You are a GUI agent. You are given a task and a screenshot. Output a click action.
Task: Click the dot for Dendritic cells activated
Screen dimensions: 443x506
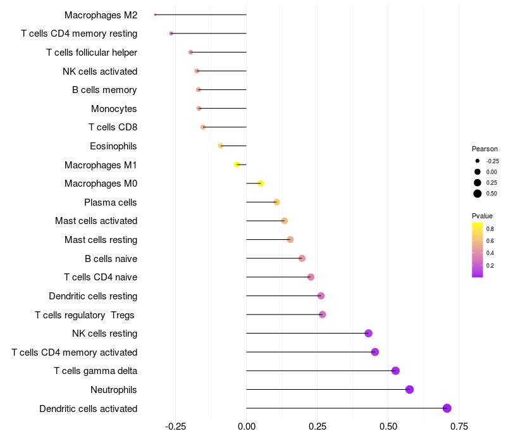447,408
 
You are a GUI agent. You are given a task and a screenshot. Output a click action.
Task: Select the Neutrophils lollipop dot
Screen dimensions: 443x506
409,389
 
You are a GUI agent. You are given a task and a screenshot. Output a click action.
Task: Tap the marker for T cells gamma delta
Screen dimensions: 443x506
395,371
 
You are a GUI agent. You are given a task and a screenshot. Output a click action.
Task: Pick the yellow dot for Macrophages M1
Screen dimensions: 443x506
237,165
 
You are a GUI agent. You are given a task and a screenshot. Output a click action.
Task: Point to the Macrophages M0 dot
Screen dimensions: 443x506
261,184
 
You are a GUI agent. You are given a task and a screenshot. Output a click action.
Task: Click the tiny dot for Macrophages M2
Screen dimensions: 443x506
155,15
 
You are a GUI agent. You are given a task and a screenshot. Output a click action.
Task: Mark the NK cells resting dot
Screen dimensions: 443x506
368,334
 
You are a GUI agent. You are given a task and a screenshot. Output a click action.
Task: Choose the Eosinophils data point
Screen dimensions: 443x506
221,146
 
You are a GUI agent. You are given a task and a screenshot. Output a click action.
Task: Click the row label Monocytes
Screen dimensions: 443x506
114,109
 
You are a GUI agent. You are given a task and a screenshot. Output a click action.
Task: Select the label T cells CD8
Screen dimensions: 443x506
113,127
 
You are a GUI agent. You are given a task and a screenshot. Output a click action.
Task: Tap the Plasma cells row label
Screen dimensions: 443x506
111,203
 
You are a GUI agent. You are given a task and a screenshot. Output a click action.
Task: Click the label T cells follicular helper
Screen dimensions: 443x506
92,52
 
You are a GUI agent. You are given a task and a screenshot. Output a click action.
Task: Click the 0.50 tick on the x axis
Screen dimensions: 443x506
388,427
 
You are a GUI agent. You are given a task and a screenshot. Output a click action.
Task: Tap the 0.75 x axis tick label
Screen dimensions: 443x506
459,427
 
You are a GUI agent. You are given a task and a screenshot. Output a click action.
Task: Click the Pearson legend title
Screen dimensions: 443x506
484,149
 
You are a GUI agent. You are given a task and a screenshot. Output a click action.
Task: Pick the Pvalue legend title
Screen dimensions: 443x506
482,216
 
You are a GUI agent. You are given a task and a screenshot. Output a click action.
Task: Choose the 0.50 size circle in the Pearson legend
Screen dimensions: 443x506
478,194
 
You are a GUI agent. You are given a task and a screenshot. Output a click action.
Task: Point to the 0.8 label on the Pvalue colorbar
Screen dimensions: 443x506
490,228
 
